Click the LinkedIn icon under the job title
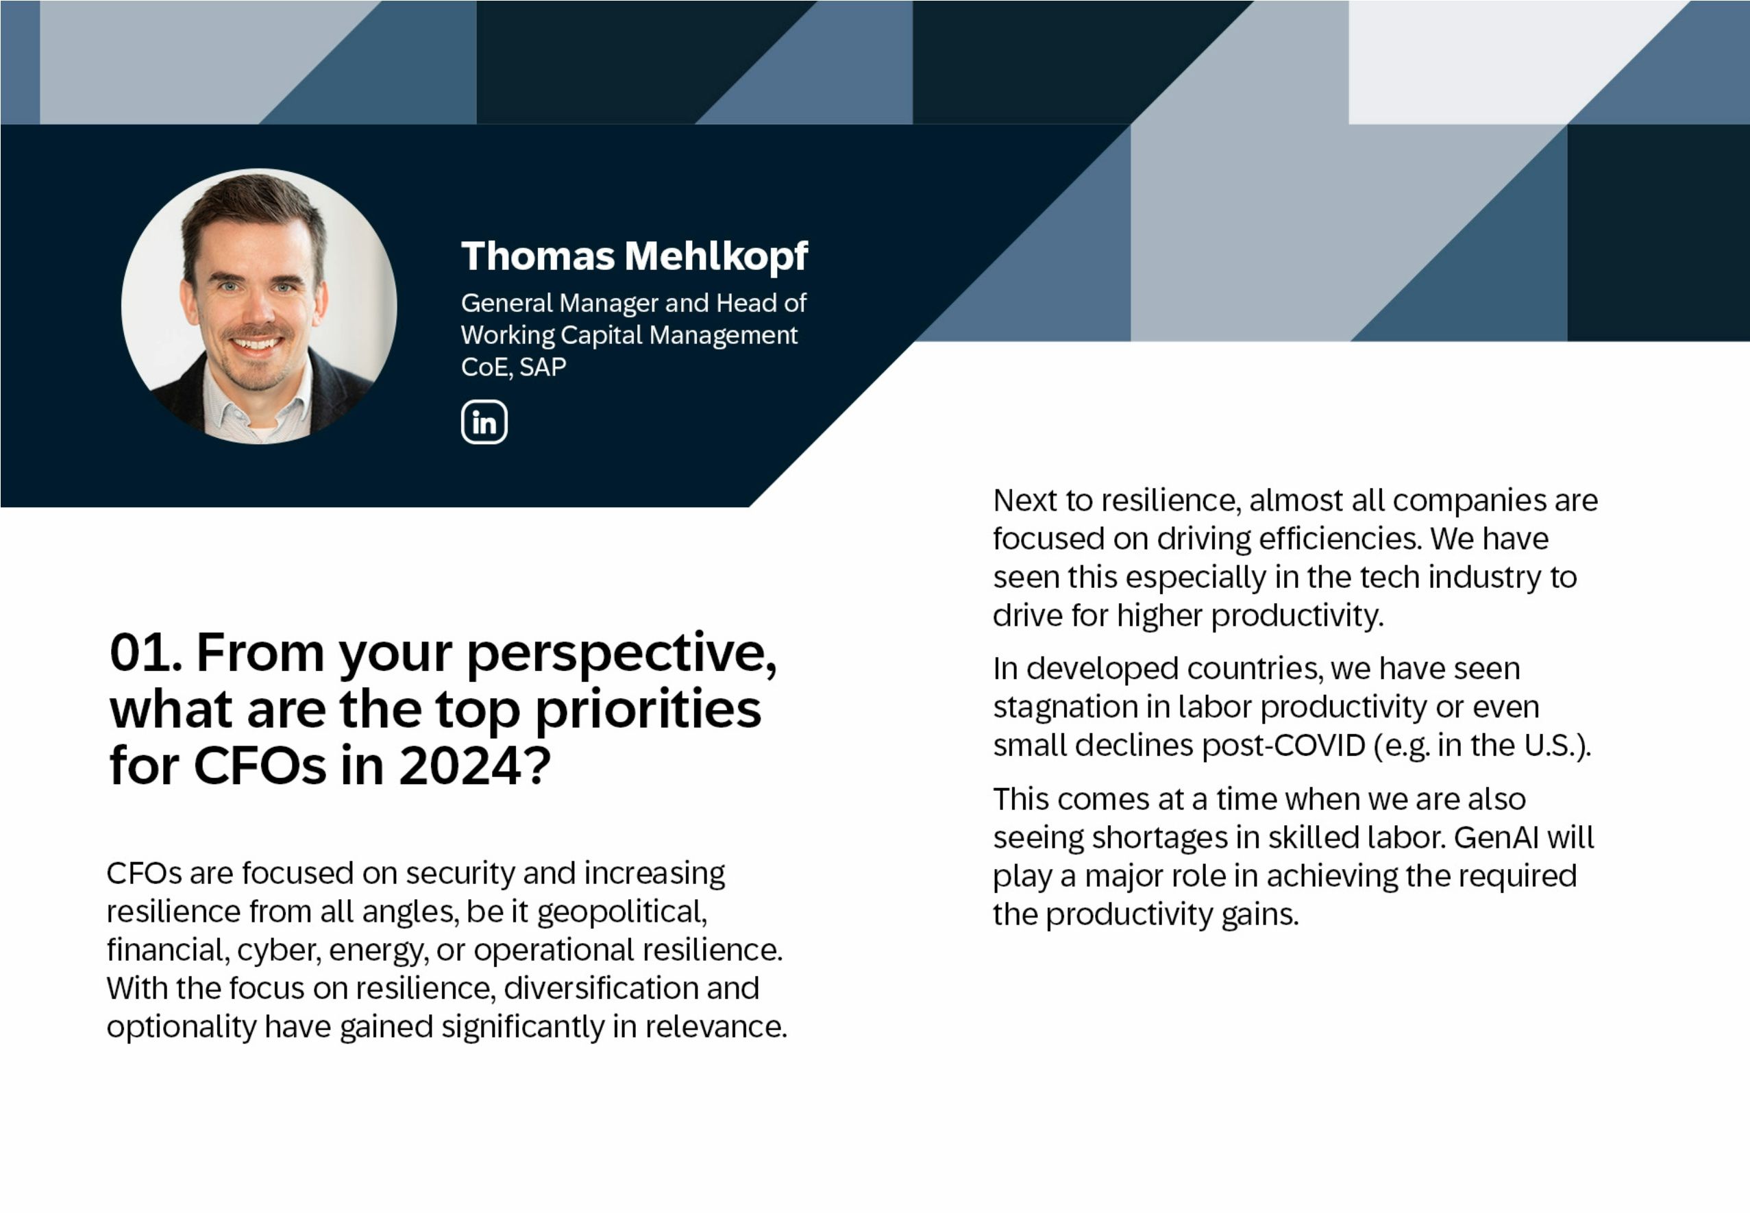coord(484,422)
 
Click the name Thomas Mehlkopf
coord(634,256)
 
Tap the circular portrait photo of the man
coord(258,306)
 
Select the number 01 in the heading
coord(140,653)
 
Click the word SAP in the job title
coord(543,367)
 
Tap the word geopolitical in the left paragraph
coord(621,912)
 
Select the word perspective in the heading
coord(621,654)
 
